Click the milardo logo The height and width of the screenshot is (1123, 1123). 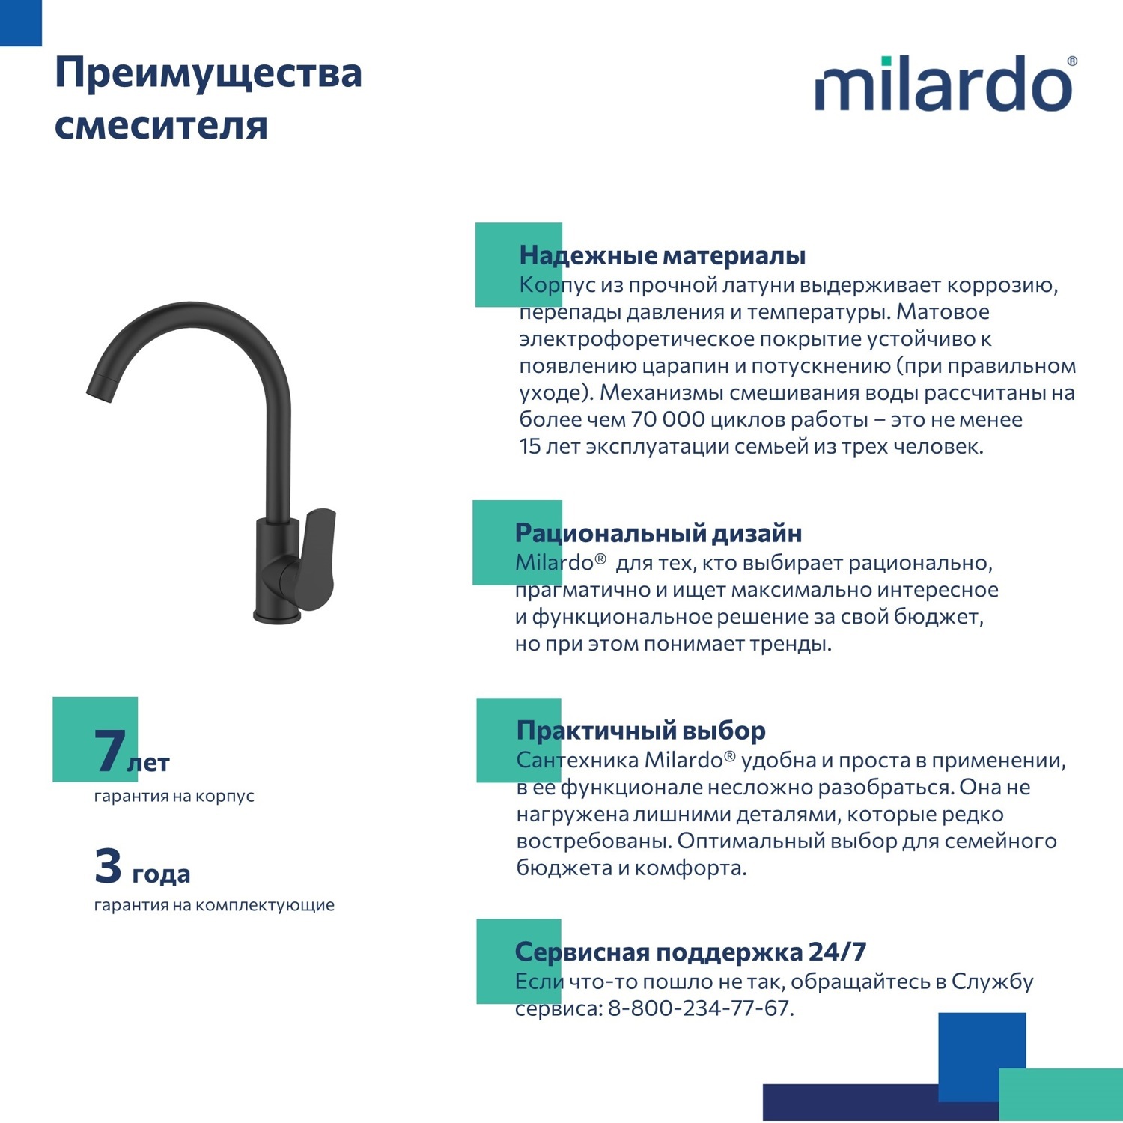943,85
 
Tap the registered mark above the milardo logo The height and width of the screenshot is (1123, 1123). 1071,61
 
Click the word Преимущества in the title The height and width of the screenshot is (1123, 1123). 208,74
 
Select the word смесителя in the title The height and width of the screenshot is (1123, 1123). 161,125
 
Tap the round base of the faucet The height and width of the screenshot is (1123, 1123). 277,616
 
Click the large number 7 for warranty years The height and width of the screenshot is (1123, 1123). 109,750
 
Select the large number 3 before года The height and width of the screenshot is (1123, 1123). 108,865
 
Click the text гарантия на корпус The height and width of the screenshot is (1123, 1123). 174,796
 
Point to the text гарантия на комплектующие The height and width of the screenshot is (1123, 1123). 214,905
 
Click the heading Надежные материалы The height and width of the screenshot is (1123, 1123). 662,255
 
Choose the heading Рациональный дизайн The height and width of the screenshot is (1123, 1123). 658,533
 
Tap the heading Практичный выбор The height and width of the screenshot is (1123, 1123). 641,730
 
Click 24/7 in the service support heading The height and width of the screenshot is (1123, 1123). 838,952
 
